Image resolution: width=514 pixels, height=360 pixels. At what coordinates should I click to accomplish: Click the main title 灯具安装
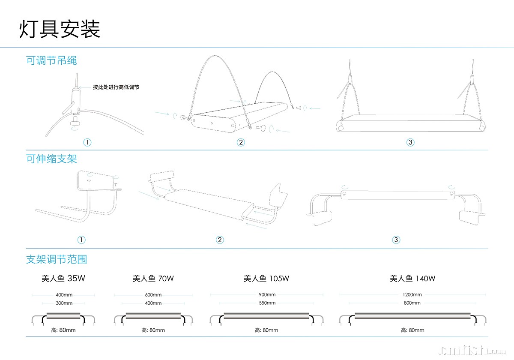(x=60, y=29)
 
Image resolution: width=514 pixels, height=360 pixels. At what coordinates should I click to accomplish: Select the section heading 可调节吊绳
(x=51, y=60)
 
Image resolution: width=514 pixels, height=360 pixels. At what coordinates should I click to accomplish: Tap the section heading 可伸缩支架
(x=51, y=159)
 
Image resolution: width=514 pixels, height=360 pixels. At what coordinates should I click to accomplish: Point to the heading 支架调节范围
(x=57, y=259)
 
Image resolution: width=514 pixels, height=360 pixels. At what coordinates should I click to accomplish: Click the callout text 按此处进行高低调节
(x=116, y=87)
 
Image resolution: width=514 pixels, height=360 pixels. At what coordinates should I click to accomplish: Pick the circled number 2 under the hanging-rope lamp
(x=241, y=142)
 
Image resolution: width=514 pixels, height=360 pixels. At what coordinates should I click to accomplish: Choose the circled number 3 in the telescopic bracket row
(x=396, y=240)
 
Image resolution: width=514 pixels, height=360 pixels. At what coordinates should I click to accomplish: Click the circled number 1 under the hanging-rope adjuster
(x=88, y=142)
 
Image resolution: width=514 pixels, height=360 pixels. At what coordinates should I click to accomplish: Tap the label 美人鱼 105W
(x=266, y=279)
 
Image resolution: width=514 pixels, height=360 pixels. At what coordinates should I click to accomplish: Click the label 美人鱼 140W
(x=412, y=279)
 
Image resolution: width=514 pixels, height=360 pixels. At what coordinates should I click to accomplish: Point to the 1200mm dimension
(x=412, y=294)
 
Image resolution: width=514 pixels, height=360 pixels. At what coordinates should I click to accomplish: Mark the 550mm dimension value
(x=267, y=303)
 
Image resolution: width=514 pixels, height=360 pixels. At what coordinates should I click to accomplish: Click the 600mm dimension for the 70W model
(x=153, y=295)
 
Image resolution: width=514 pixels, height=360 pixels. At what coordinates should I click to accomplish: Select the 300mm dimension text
(x=64, y=303)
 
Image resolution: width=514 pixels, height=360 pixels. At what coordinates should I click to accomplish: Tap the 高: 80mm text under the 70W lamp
(x=153, y=330)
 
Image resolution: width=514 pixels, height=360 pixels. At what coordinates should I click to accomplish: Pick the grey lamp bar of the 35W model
(x=64, y=316)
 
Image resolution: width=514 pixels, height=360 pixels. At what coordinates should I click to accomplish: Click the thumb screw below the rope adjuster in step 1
(x=76, y=123)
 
